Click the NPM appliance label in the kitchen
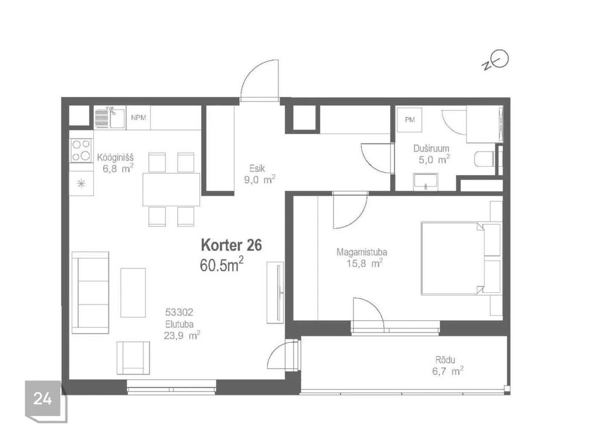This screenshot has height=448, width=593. pos(138,118)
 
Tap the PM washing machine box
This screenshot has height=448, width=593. pos(409,120)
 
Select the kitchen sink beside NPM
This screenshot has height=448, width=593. pos(110,118)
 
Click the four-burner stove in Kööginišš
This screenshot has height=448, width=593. pos(81,150)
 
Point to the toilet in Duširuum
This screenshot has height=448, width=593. pos(485,159)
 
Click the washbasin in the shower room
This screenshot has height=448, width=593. pos(426,181)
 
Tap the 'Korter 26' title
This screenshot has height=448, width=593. pos(231,245)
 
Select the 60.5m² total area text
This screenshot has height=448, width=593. pos(222,264)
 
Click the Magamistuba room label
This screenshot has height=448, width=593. pos(362,252)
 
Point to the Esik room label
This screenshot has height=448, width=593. pos(257,169)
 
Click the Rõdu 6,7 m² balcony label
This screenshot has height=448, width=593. pos(447,366)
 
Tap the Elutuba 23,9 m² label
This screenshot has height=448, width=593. pos(181,330)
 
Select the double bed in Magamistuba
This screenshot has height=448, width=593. pos(461,258)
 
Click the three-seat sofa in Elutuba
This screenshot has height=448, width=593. pos(90,292)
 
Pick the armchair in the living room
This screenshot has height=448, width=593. pos(133,358)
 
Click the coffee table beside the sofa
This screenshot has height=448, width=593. pos(133,292)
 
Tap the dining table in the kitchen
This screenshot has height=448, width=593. pos(171,189)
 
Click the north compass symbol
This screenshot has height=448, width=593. pos(496,61)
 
